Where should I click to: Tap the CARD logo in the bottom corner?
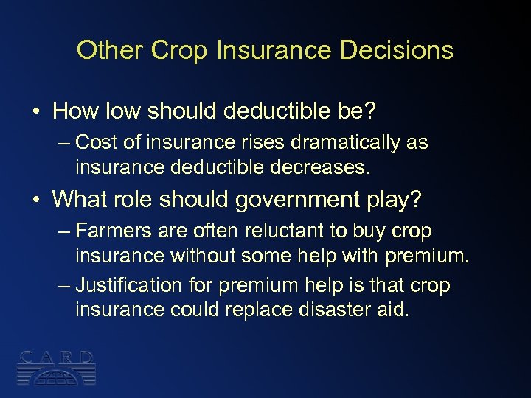click(x=56, y=367)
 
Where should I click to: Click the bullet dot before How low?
click(x=35, y=111)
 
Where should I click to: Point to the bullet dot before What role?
click(x=35, y=199)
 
